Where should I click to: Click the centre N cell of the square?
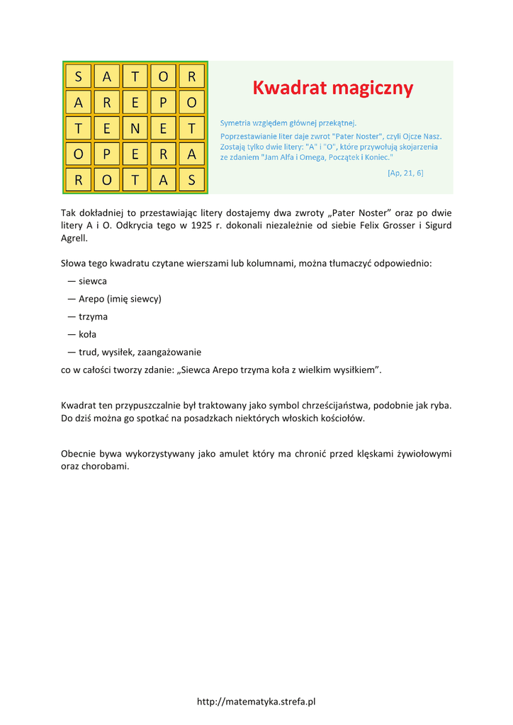[x=135, y=128]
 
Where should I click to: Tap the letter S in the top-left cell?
[x=78, y=76]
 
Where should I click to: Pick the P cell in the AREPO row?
[x=163, y=103]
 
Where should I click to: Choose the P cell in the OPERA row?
[x=106, y=154]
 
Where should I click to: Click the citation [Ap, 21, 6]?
[x=405, y=173]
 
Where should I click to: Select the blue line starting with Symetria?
[x=288, y=122]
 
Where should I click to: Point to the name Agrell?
[x=74, y=238]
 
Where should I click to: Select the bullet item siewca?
[x=93, y=281]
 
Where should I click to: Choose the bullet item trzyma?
[x=93, y=316]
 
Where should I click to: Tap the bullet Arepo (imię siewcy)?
[x=120, y=299]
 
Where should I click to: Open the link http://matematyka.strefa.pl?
[x=256, y=702]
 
